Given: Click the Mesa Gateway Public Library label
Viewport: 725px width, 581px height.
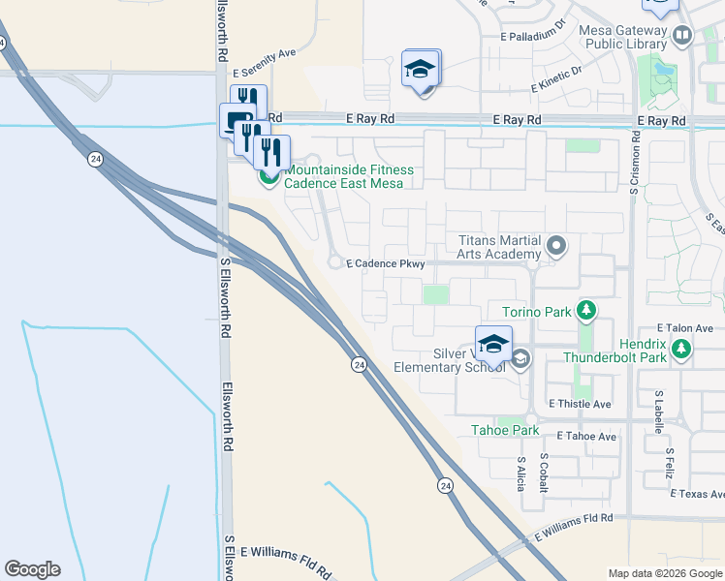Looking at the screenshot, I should [x=620, y=37].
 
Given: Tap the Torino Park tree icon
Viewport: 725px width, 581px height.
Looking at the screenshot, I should [x=585, y=311].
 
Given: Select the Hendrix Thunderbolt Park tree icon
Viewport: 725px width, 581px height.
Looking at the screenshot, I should [x=682, y=349].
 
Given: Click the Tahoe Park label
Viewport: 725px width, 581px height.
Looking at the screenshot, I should [x=504, y=430].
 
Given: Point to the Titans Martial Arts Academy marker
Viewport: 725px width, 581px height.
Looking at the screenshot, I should [x=555, y=246].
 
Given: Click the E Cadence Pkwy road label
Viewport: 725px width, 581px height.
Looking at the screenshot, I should [x=386, y=263].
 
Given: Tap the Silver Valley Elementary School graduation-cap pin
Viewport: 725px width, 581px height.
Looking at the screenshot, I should [x=493, y=344].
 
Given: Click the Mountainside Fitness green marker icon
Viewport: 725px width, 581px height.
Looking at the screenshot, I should [x=268, y=176].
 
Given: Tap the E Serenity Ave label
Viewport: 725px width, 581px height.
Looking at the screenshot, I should [x=265, y=54].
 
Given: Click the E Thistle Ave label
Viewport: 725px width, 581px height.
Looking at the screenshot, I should [x=580, y=403].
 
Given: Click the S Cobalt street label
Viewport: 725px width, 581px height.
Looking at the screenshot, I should [x=544, y=472].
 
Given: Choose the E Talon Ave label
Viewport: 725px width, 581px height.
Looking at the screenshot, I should [x=684, y=328].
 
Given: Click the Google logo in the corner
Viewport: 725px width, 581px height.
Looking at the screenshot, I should [x=32, y=569].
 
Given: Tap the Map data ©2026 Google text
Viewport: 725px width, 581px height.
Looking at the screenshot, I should [x=665, y=573].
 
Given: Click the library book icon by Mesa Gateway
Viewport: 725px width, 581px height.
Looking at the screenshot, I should [x=681, y=37].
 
